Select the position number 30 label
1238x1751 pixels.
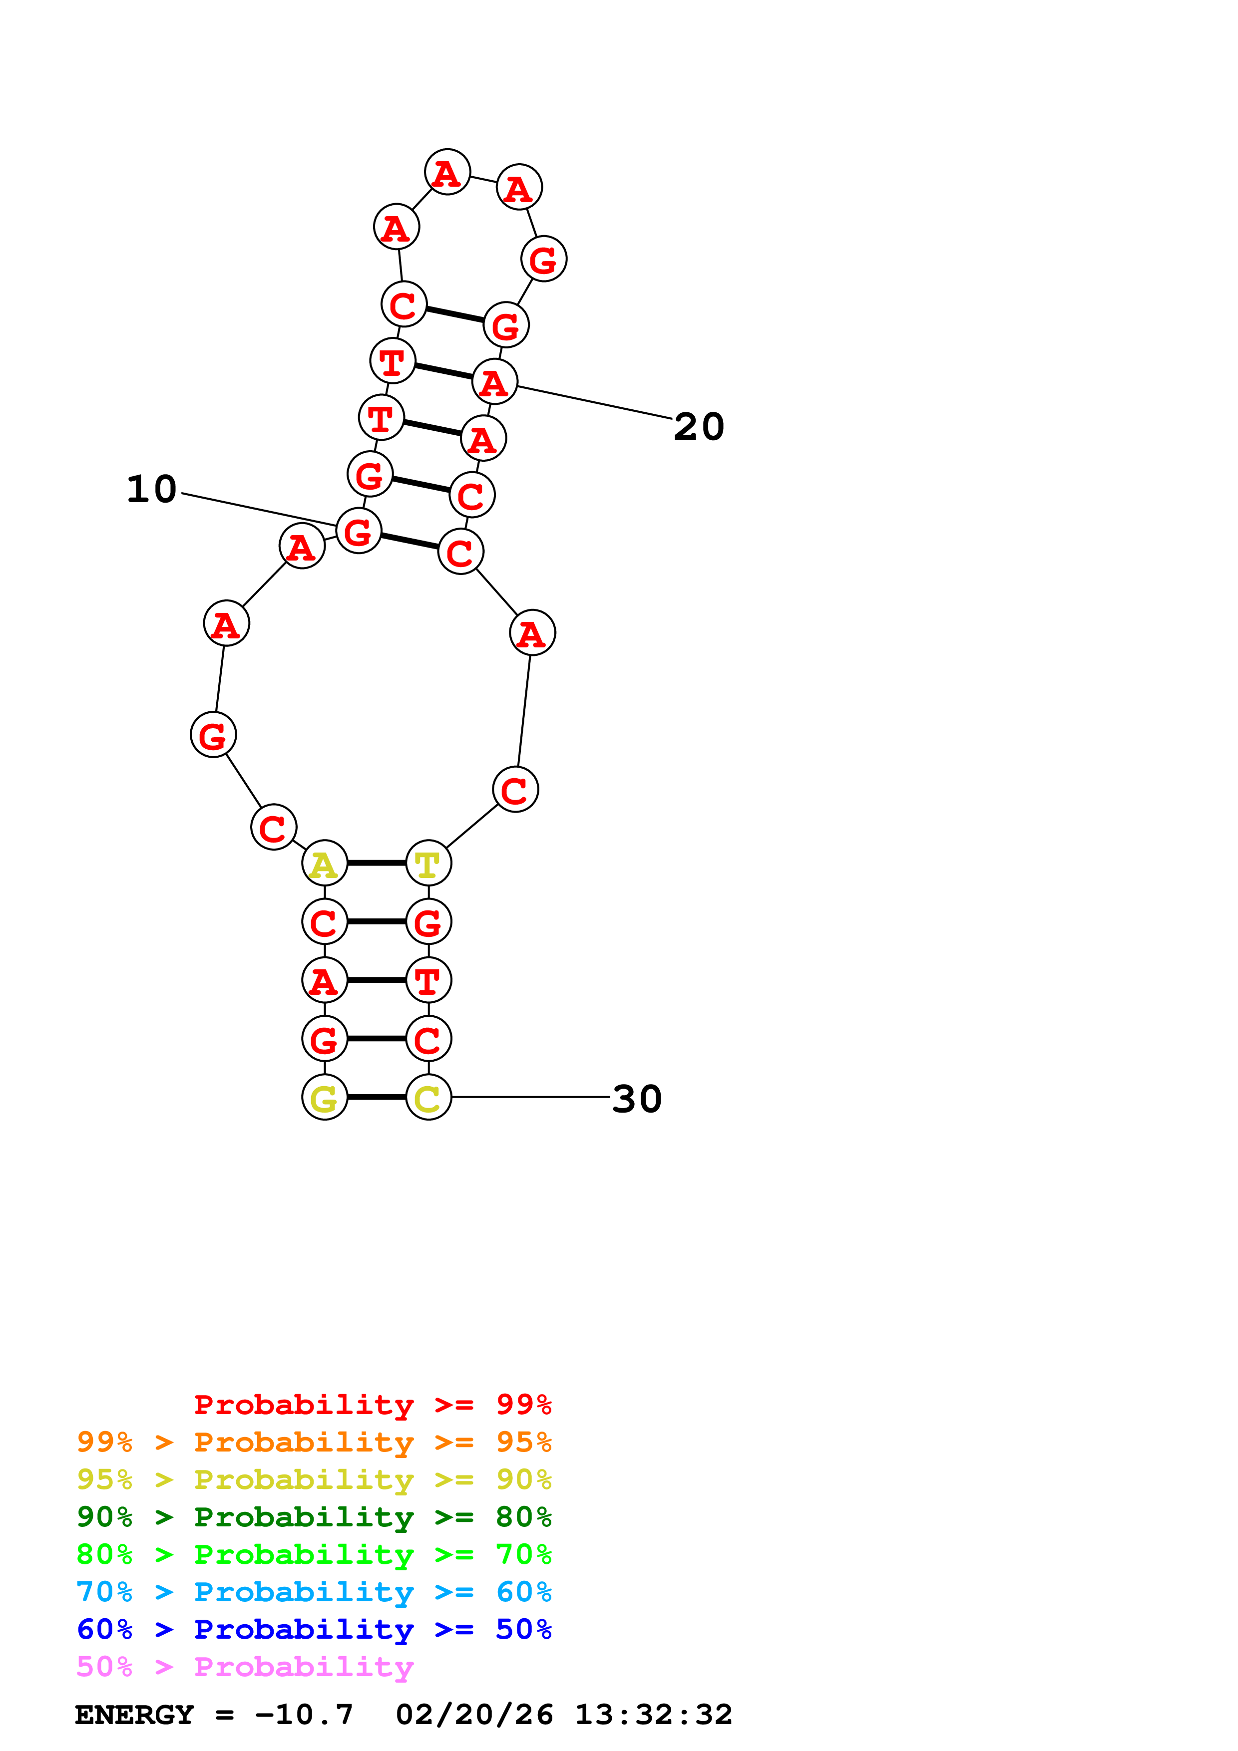[x=637, y=1099]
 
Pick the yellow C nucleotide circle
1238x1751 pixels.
[x=428, y=1098]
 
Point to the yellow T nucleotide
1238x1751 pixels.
[x=428, y=864]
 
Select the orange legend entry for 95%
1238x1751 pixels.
[x=314, y=1442]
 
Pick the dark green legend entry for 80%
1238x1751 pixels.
[x=314, y=1517]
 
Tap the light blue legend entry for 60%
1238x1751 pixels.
[x=314, y=1592]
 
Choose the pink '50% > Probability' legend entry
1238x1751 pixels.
[x=245, y=1666]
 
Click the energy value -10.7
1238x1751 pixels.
[x=304, y=1715]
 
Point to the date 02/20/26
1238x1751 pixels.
[x=474, y=1715]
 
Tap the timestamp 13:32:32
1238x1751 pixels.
[x=653, y=1715]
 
